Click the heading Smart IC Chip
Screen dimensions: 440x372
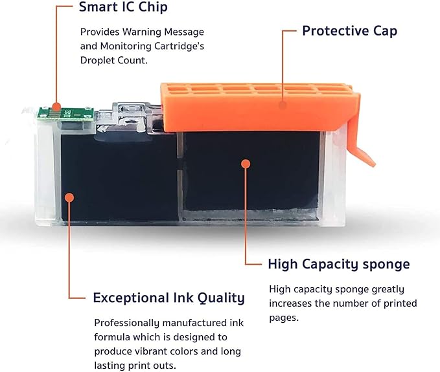123,7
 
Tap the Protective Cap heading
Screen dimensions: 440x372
350,31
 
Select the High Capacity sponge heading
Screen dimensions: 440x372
339,264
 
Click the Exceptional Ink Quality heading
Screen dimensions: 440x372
169,298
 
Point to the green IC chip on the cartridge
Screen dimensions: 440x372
66,114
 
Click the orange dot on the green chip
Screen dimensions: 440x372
56,107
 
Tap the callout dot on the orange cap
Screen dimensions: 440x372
283,105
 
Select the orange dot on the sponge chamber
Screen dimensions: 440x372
246,164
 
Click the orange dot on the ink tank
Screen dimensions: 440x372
69,197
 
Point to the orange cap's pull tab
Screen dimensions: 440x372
360,143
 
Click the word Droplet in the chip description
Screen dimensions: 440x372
97,60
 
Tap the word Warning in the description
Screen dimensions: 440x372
142,32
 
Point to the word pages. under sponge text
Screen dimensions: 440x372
284,318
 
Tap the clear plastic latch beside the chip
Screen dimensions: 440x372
129,118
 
